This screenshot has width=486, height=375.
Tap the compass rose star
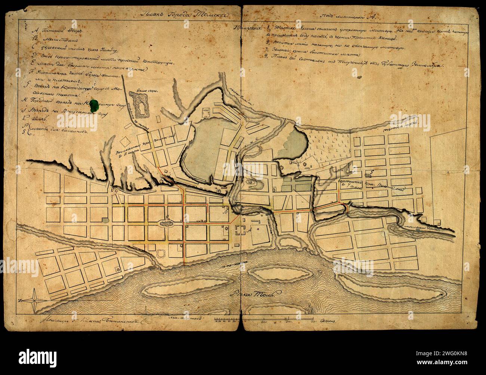34,299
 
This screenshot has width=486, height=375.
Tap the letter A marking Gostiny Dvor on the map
249,230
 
